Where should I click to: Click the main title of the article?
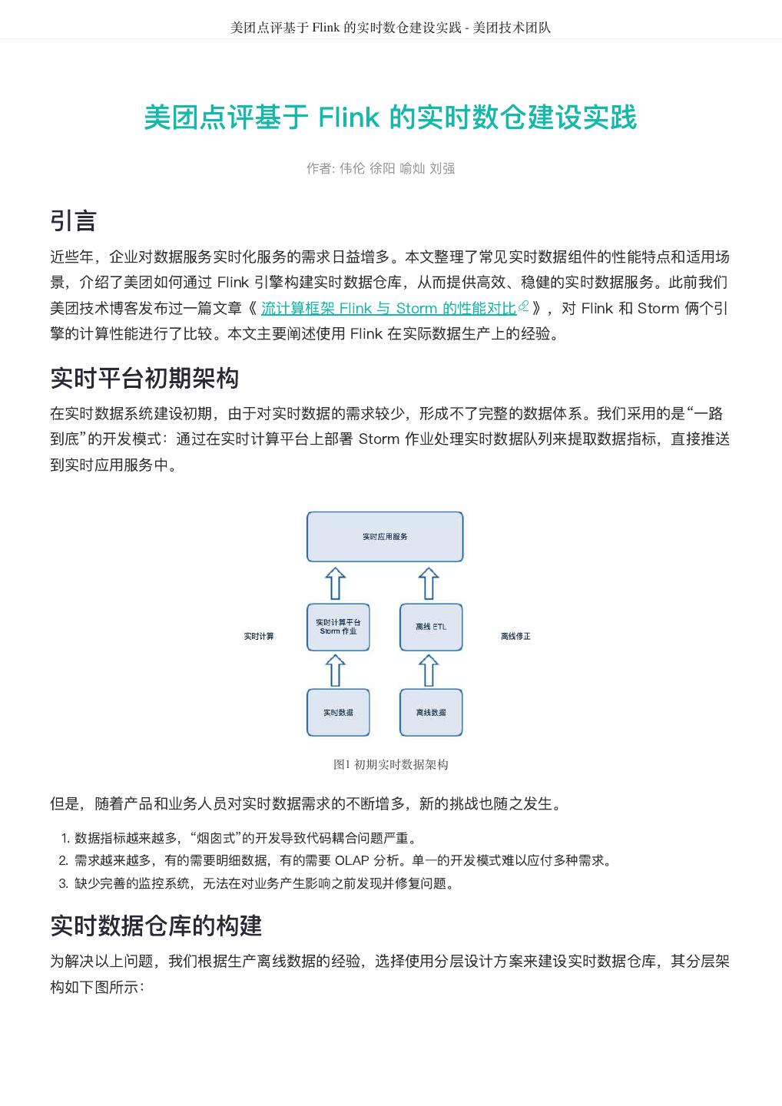[x=390, y=118]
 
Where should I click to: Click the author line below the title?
[x=380, y=168]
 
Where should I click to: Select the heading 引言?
[x=73, y=220]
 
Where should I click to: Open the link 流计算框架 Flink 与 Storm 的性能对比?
[x=389, y=309]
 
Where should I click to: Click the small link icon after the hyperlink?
[x=524, y=307]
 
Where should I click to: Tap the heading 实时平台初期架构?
[x=144, y=378]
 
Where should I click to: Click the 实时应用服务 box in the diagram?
[x=385, y=536]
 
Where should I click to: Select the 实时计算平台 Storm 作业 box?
[x=338, y=627]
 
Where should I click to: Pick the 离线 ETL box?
[x=431, y=627]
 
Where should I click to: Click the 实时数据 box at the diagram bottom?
[x=338, y=713]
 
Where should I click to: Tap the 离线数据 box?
[x=431, y=713]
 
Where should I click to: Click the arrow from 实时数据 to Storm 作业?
[x=336, y=670]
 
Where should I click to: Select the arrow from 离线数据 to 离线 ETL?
[x=429, y=670]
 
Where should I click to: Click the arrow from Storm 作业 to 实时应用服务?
[x=336, y=583]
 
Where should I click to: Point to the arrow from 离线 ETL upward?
[x=429, y=583]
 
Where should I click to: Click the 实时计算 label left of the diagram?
[x=259, y=636]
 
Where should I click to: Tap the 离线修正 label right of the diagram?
[x=515, y=636]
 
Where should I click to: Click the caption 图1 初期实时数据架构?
[x=390, y=764]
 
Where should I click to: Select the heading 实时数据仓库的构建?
[x=156, y=926]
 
